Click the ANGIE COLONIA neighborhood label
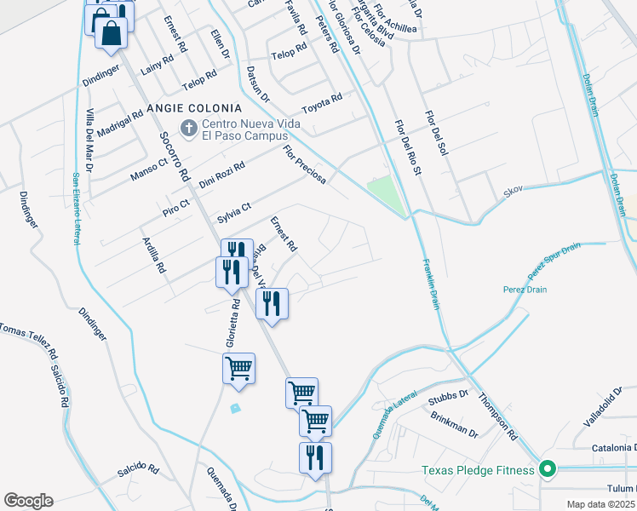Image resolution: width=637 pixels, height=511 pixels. click(x=194, y=108)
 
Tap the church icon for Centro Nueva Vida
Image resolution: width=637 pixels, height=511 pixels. click(x=188, y=129)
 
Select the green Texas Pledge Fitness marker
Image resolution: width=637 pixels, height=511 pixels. click(x=549, y=469)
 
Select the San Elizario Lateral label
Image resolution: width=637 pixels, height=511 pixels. click(x=75, y=209)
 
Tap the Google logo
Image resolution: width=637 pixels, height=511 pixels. click(x=28, y=501)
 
